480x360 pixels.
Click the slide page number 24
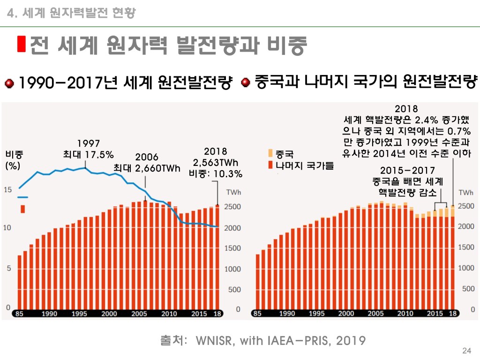pyautogui.click(x=466, y=351)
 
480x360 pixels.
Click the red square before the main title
pyautogui.click(x=21, y=44)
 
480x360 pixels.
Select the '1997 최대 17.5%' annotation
pyautogui.click(x=88, y=149)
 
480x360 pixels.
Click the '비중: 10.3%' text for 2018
pyautogui.click(x=216, y=174)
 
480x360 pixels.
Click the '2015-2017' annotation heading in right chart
pyautogui.click(x=407, y=170)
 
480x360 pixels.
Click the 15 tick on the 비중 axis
pyautogui.click(x=8, y=189)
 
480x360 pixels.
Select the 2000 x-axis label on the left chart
pyautogui.click(x=109, y=314)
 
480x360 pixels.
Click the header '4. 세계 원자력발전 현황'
pyautogui.click(x=72, y=13)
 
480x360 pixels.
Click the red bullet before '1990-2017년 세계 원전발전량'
pyautogui.click(x=9, y=84)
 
